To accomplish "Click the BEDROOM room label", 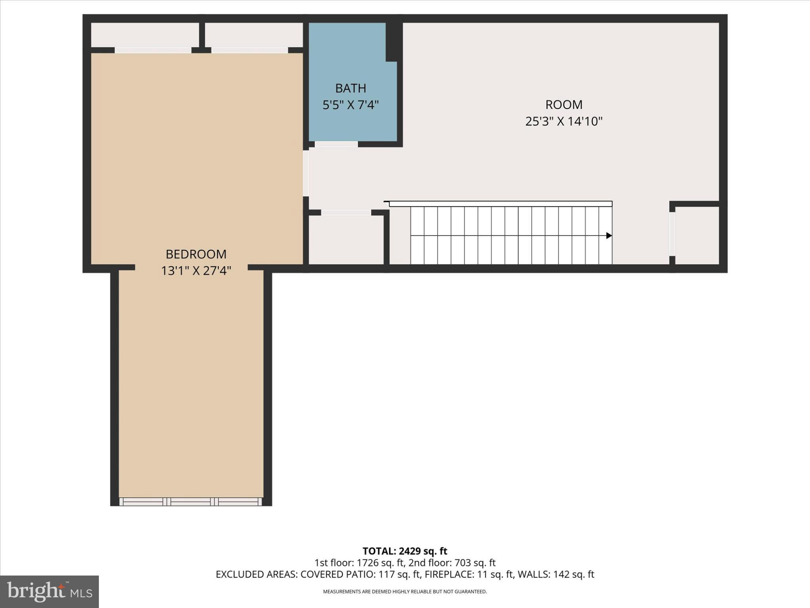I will coord(196,254).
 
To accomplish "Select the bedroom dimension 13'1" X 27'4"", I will coord(196,271).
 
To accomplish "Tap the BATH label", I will coord(350,88).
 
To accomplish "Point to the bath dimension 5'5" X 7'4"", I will coord(350,105).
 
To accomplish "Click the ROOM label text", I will coord(564,104).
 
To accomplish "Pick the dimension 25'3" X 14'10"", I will coord(564,121).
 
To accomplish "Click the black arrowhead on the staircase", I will coord(609,236).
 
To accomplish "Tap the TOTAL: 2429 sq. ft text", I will coord(405,551).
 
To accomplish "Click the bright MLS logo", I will coord(49,591).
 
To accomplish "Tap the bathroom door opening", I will coord(336,144).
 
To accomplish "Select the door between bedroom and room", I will coord(306,173).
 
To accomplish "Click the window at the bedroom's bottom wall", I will coord(191,502).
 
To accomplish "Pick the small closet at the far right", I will coord(697,235).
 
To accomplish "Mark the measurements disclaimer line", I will coord(405,592).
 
